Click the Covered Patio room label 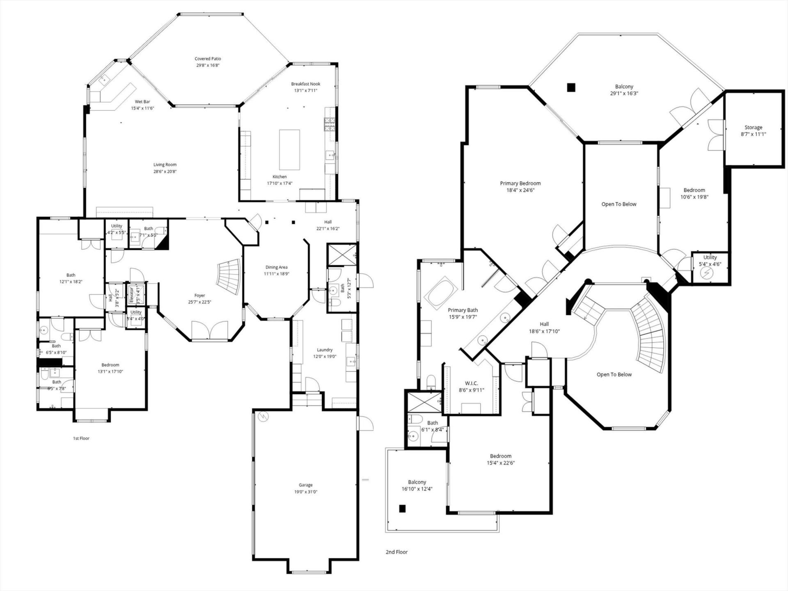pyautogui.click(x=208, y=59)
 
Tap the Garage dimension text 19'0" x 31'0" pyautogui.click(x=306, y=492)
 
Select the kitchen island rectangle pyautogui.click(x=289, y=149)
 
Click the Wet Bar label pyautogui.click(x=142, y=101)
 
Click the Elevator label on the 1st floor pyautogui.click(x=131, y=294)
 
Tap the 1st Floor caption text pyautogui.click(x=81, y=438)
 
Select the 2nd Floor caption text pyautogui.click(x=396, y=552)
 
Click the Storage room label pyautogui.click(x=753, y=127)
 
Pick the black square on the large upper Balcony pyautogui.click(x=571, y=87)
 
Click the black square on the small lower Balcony pyautogui.click(x=402, y=509)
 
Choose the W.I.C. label pyautogui.click(x=471, y=383)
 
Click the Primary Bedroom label pyautogui.click(x=520, y=183)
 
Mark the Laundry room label pyautogui.click(x=325, y=350)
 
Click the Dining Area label pyautogui.click(x=276, y=267)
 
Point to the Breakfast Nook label pyautogui.click(x=305, y=84)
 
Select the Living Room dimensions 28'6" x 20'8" pyautogui.click(x=165, y=172)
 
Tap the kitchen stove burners pyautogui.click(x=330, y=124)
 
